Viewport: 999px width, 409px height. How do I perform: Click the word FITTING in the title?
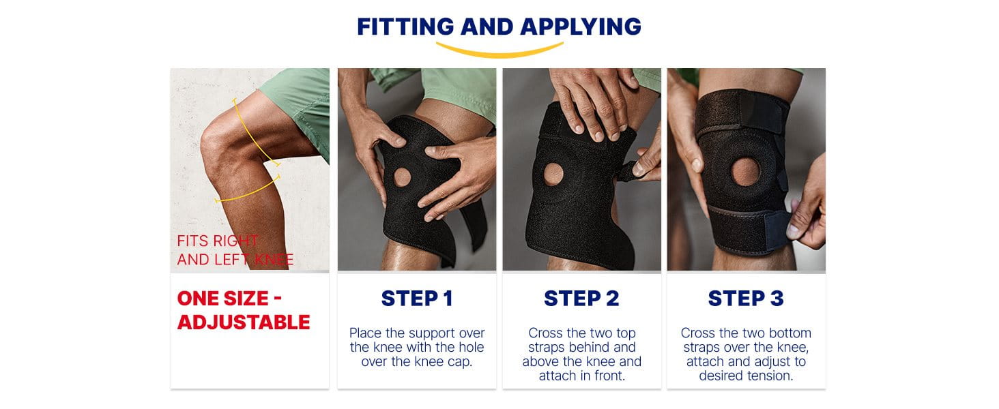click(405, 27)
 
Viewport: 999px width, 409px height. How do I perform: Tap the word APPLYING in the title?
click(581, 27)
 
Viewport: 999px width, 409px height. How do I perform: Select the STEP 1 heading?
click(417, 299)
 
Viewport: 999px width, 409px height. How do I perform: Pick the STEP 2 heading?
click(581, 299)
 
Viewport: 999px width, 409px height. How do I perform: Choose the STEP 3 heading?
click(746, 299)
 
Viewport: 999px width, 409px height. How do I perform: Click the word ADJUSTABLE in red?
click(244, 322)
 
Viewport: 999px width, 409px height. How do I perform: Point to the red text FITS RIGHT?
click(218, 241)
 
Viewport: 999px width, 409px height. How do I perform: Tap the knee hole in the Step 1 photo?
click(402, 177)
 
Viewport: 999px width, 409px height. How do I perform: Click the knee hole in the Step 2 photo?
click(553, 175)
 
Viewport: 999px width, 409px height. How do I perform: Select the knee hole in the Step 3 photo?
click(745, 172)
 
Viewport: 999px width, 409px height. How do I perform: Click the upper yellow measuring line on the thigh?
click(255, 134)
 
